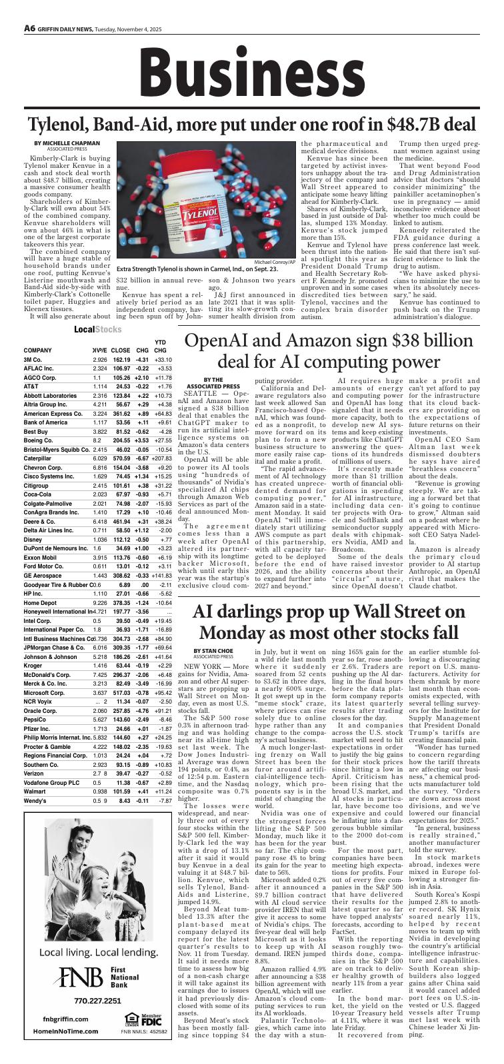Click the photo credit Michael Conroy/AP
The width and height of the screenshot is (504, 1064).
click(x=274, y=262)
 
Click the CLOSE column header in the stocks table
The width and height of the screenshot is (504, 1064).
click(x=121, y=350)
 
